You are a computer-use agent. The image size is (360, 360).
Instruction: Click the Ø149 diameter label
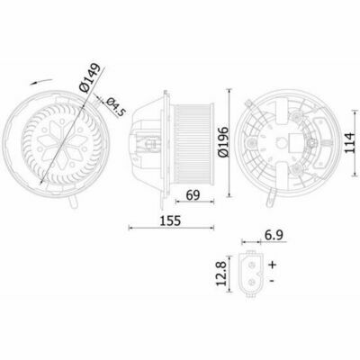(x=89, y=77)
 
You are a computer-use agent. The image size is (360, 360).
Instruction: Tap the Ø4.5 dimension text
(x=115, y=106)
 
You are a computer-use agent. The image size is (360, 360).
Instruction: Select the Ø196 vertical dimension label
(x=223, y=141)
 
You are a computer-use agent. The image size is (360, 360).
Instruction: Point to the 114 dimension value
(x=351, y=142)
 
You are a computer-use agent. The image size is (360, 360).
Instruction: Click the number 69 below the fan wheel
(x=193, y=195)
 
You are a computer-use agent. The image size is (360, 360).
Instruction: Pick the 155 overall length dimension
(x=170, y=220)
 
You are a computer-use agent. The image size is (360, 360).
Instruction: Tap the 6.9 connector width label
(x=274, y=235)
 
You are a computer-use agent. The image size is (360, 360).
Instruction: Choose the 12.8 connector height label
(x=221, y=274)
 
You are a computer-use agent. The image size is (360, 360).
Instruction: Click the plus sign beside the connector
(x=272, y=265)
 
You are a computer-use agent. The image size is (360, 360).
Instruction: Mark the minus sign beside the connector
(x=272, y=281)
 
